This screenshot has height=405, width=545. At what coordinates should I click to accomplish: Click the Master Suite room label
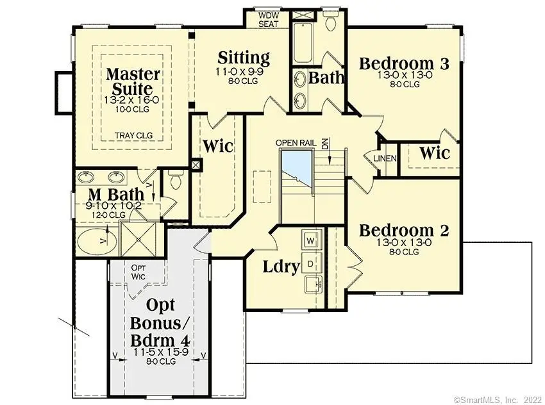tap(129, 81)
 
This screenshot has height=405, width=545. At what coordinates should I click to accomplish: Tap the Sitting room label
tap(244, 58)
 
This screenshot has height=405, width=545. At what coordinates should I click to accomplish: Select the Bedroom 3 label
tap(403, 63)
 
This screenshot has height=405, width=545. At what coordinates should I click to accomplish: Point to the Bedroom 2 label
tap(403, 231)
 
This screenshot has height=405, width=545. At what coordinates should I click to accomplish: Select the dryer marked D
tap(311, 263)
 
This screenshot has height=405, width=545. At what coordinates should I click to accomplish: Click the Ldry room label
tap(281, 267)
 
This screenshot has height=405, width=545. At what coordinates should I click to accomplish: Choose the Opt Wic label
tap(138, 272)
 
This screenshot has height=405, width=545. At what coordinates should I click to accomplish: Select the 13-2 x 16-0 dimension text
tap(129, 100)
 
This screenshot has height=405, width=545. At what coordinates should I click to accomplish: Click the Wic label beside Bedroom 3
tap(434, 154)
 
